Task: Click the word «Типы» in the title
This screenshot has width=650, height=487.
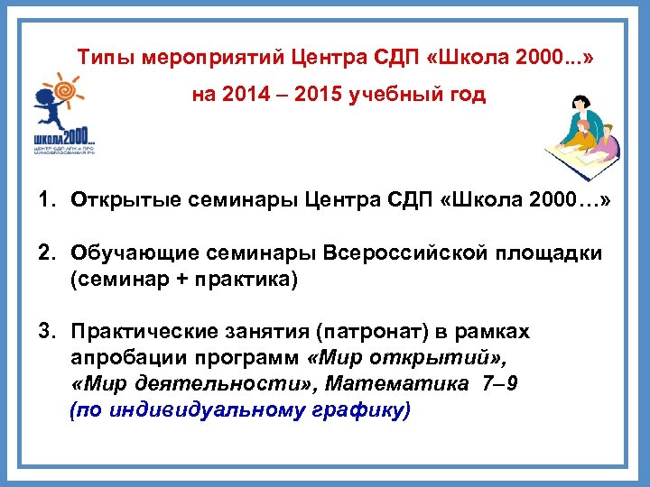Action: click(x=100, y=57)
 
